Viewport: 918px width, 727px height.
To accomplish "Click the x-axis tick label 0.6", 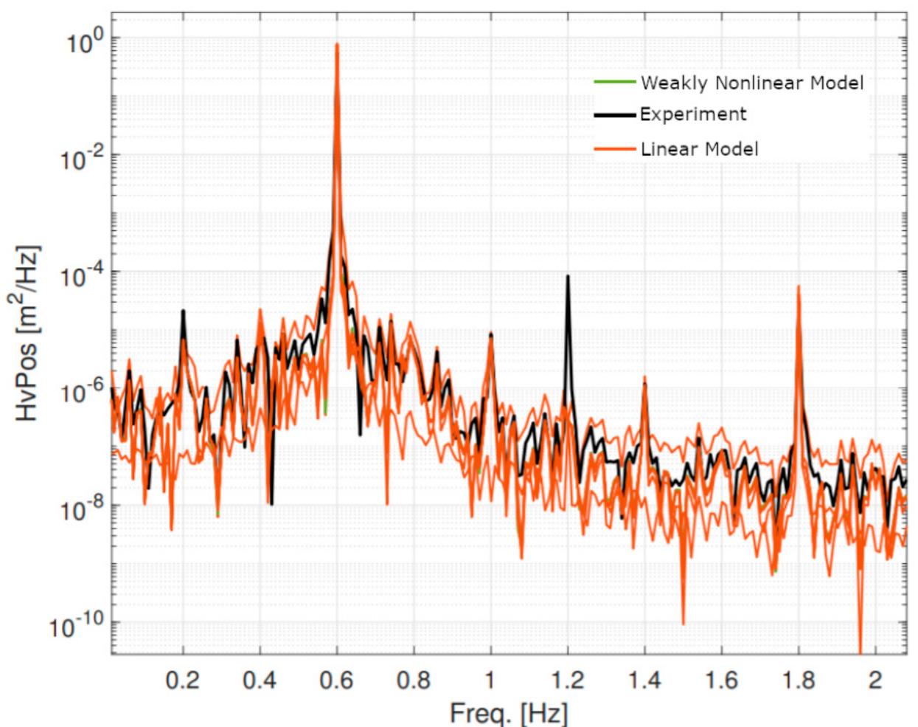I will (x=337, y=679).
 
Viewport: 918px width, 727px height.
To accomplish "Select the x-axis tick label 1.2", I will (x=568, y=679).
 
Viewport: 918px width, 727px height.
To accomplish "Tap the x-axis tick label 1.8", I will (x=799, y=679).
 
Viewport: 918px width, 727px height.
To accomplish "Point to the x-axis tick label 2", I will (x=875, y=679).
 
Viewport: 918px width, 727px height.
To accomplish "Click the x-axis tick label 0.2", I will (x=183, y=679).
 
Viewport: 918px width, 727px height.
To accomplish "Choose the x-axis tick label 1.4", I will (x=644, y=679).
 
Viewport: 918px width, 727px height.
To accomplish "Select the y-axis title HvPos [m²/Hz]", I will (x=27, y=334).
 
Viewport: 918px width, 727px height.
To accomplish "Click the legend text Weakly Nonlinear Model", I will (x=751, y=82).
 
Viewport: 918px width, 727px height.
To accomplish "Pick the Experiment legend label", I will (x=693, y=114).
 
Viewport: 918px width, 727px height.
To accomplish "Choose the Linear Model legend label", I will (x=699, y=149).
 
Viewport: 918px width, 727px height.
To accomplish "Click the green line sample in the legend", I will (x=614, y=81).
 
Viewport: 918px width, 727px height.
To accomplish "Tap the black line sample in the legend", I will (x=614, y=114).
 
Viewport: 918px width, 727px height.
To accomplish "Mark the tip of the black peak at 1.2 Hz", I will (x=568, y=276).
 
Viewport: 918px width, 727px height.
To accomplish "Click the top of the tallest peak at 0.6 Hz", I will (x=337, y=44).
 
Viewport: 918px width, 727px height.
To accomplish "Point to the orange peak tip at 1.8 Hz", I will (x=799, y=286).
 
